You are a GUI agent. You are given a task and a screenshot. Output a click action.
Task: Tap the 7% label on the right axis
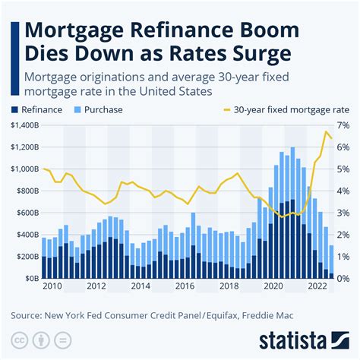tap(343, 125)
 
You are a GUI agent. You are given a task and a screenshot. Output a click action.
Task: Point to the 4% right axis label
tap(343, 191)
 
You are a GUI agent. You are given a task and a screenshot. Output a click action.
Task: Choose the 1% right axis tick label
tap(343, 257)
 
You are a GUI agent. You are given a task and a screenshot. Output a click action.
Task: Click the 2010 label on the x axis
tap(52, 287)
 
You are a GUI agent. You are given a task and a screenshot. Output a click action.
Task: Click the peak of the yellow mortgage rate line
tap(327, 132)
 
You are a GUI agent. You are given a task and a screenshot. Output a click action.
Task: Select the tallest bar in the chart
tap(292, 213)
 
